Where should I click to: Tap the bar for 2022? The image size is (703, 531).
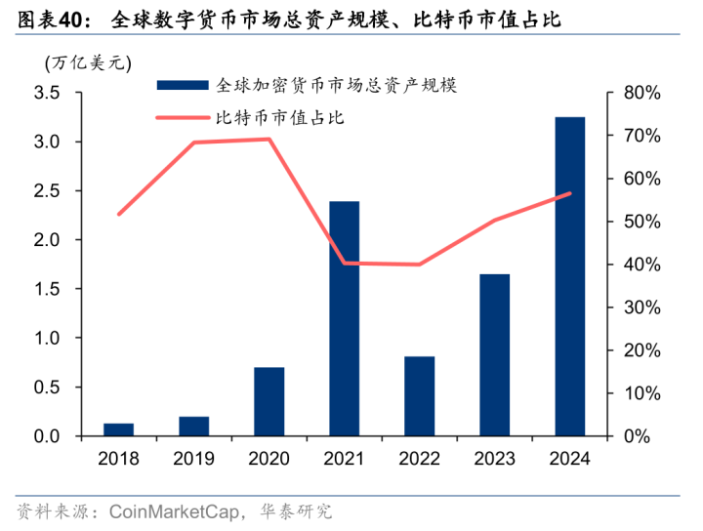[419, 395]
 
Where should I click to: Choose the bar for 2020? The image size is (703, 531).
[269, 401]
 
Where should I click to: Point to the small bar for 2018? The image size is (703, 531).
[118, 429]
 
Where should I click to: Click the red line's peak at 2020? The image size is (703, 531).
[269, 139]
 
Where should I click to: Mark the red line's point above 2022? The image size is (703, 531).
[419, 265]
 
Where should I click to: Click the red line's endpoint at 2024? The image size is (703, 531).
[570, 193]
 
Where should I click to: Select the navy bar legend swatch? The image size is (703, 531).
[181, 85]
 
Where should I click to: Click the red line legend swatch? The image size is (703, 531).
[181, 118]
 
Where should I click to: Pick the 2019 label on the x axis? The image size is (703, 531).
[193, 458]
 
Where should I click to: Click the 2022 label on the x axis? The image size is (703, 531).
[419, 458]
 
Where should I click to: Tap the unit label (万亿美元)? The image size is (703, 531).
[86, 61]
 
